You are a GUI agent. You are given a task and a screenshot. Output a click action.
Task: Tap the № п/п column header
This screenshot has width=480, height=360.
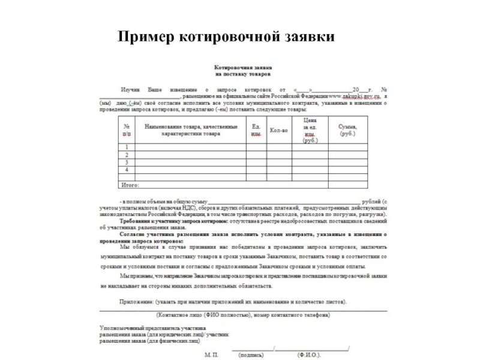tap(127, 130)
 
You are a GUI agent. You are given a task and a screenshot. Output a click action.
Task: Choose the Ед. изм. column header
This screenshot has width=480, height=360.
tap(256, 130)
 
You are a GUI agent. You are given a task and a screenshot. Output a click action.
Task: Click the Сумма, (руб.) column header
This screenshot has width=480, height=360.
tap(347, 130)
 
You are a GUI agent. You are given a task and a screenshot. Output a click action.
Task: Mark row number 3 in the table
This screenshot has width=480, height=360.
tap(127, 163)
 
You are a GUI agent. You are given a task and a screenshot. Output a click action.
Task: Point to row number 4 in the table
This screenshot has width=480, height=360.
tap(127, 170)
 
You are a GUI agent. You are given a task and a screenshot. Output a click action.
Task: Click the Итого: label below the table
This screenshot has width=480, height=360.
tap(131, 185)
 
